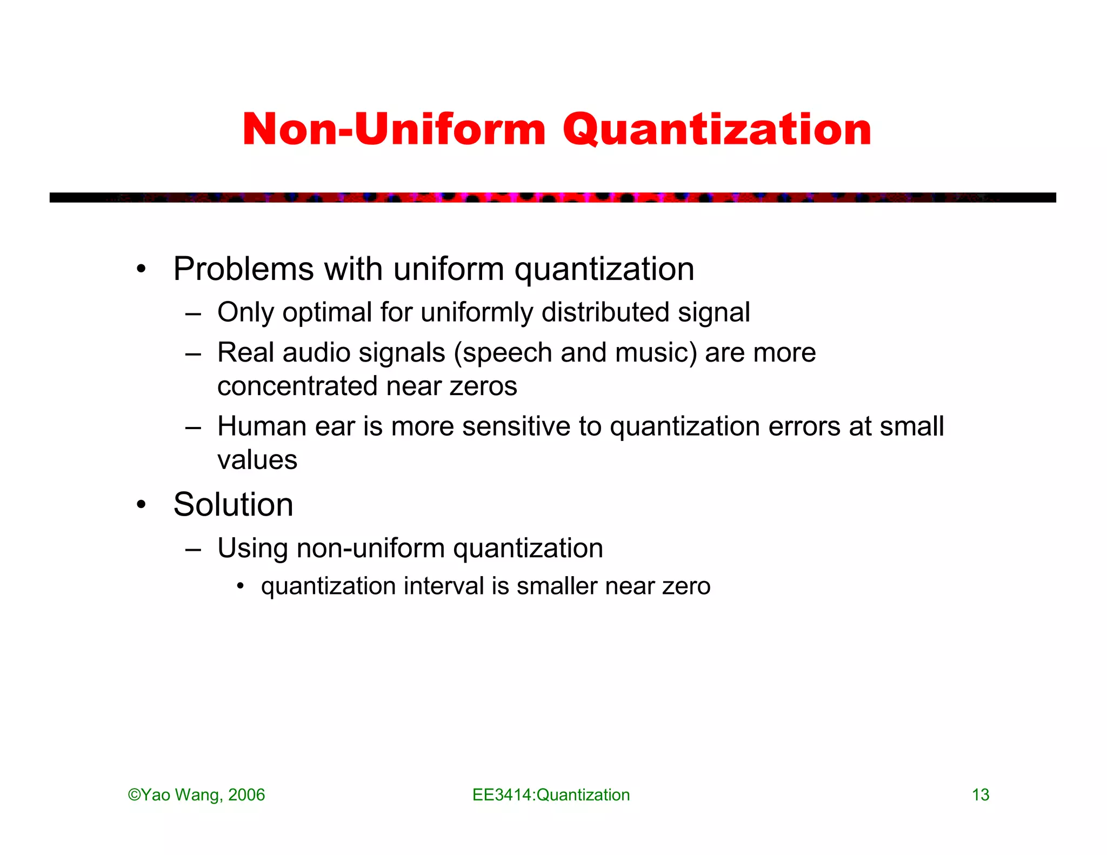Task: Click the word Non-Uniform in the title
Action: click(x=394, y=130)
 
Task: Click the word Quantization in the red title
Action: click(x=717, y=131)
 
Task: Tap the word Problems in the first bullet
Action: click(x=243, y=269)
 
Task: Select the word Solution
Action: click(x=233, y=505)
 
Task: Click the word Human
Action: click(x=262, y=426)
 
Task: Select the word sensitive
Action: click(x=516, y=426)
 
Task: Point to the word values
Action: click(x=257, y=460)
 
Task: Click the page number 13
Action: click(x=981, y=795)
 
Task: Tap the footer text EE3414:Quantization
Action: click(x=551, y=795)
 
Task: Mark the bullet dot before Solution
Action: click(x=142, y=505)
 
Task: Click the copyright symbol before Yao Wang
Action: click(x=134, y=795)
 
